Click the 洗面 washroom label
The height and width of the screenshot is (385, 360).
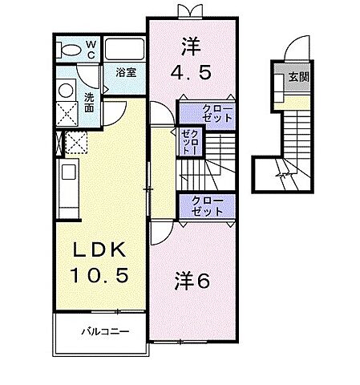90,103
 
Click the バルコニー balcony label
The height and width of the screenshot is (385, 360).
99,330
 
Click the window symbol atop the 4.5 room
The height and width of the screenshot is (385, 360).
189,10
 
